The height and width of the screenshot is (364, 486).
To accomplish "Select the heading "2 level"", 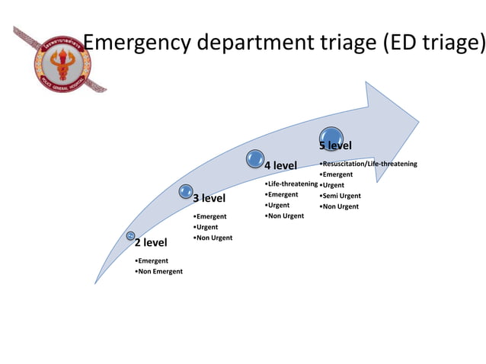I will pyautogui.click(x=150, y=244).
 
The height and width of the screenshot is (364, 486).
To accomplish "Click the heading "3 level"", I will pyautogui.click(x=209, y=199).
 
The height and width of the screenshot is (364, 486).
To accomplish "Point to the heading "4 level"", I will pyautogui.click(x=280, y=166).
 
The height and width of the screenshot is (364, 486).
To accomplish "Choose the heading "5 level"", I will pyautogui.click(x=335, y=145).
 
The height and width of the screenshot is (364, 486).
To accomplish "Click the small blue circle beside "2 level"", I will pyautogui.click(x=131, y=236).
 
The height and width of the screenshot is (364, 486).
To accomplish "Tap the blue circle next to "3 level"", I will pyautogui.click(x=186, y=192).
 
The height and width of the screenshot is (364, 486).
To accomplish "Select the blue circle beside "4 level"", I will pyautogui.click(x=255, y=158).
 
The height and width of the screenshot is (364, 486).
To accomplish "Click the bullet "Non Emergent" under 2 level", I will pyautogui.click(x=159, y=272).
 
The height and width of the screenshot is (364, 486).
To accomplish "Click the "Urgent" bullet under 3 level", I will pyautogui.click(x=206, y=227).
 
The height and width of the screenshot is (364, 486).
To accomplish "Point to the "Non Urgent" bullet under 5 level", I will pyautogui.click(x=340, y=206).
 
